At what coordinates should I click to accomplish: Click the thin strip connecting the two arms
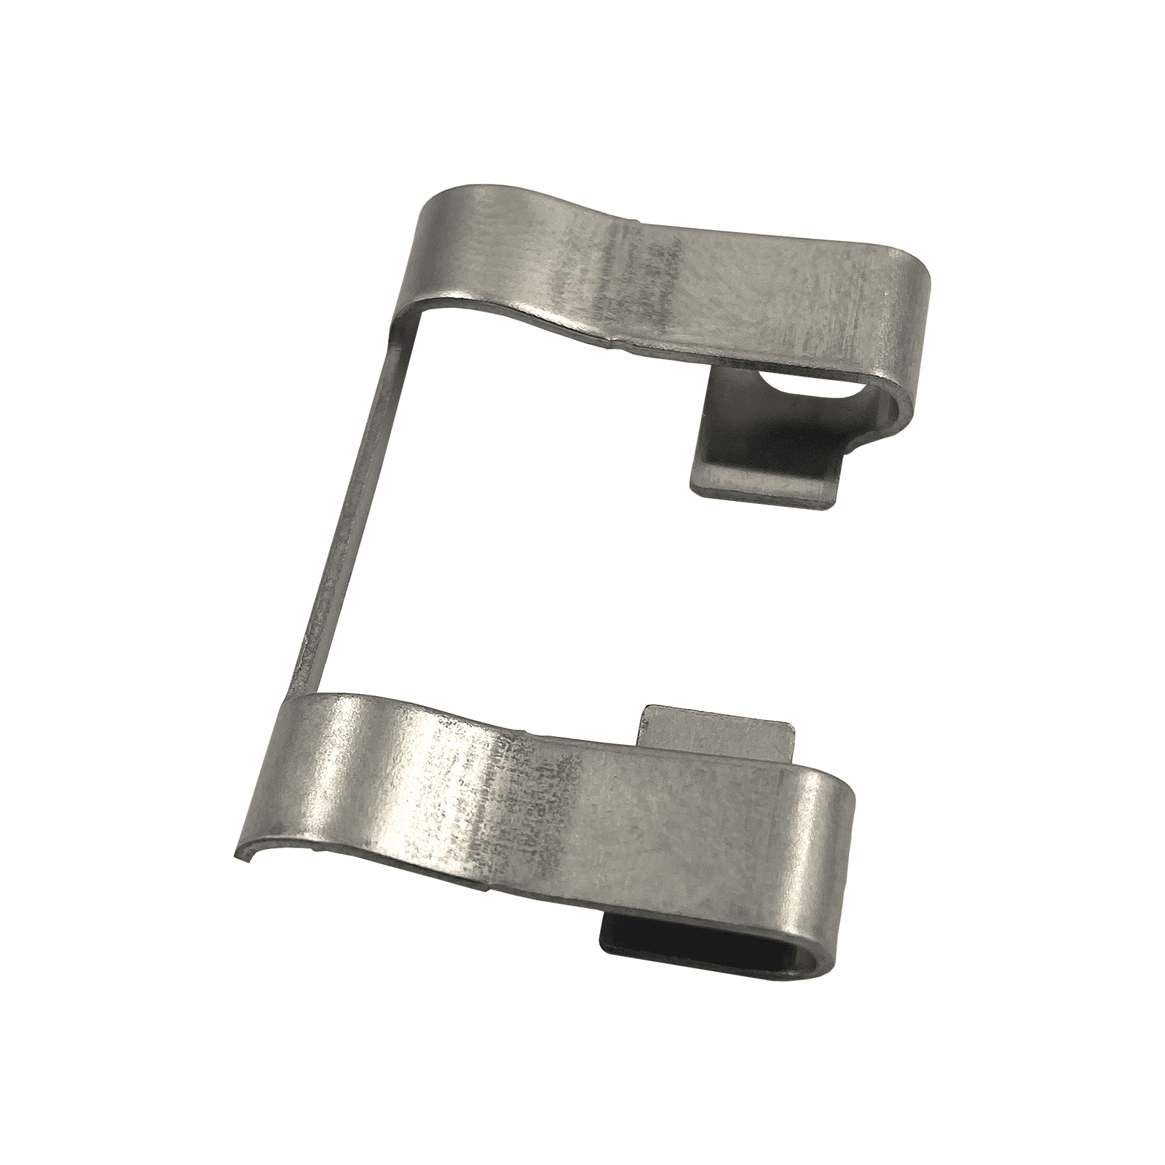click(x=342, y=510)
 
